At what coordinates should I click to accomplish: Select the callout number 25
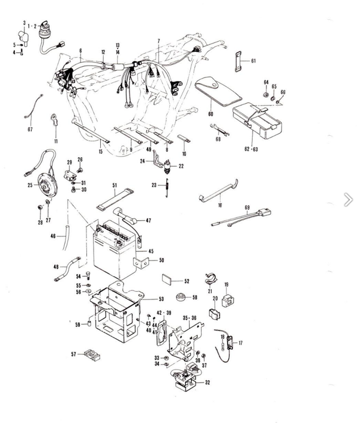click(29, 186)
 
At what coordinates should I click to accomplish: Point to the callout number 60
click(211, 113)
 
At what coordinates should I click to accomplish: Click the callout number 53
click(161, 299)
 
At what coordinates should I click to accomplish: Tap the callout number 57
click(74, 355)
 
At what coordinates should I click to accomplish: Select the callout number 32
click(207, 382)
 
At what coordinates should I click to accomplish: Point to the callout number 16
click(220, 205)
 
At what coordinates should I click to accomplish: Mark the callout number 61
click(253, 61)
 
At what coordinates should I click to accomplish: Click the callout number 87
click(30, 130)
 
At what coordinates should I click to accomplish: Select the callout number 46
click(53, 237)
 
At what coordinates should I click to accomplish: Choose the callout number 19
click(227, 284)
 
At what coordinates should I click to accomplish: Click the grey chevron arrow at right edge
click(348, 200)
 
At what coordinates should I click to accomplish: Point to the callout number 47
click(148, 221)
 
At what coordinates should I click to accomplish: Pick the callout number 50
click(161, 261)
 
